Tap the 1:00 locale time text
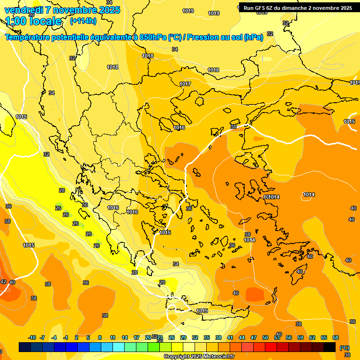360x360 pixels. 34,21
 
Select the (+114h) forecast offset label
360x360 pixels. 83,21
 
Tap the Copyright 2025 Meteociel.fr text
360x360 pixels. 199,357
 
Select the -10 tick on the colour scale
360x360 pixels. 32,337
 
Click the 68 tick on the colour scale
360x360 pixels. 336,337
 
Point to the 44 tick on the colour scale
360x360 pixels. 242,337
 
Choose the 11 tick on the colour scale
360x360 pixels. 113,337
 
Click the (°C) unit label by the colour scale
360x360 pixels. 344,348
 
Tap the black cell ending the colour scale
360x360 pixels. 330,347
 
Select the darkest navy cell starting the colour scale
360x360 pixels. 25,347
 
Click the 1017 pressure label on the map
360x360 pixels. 185,84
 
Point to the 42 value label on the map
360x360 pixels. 3,282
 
